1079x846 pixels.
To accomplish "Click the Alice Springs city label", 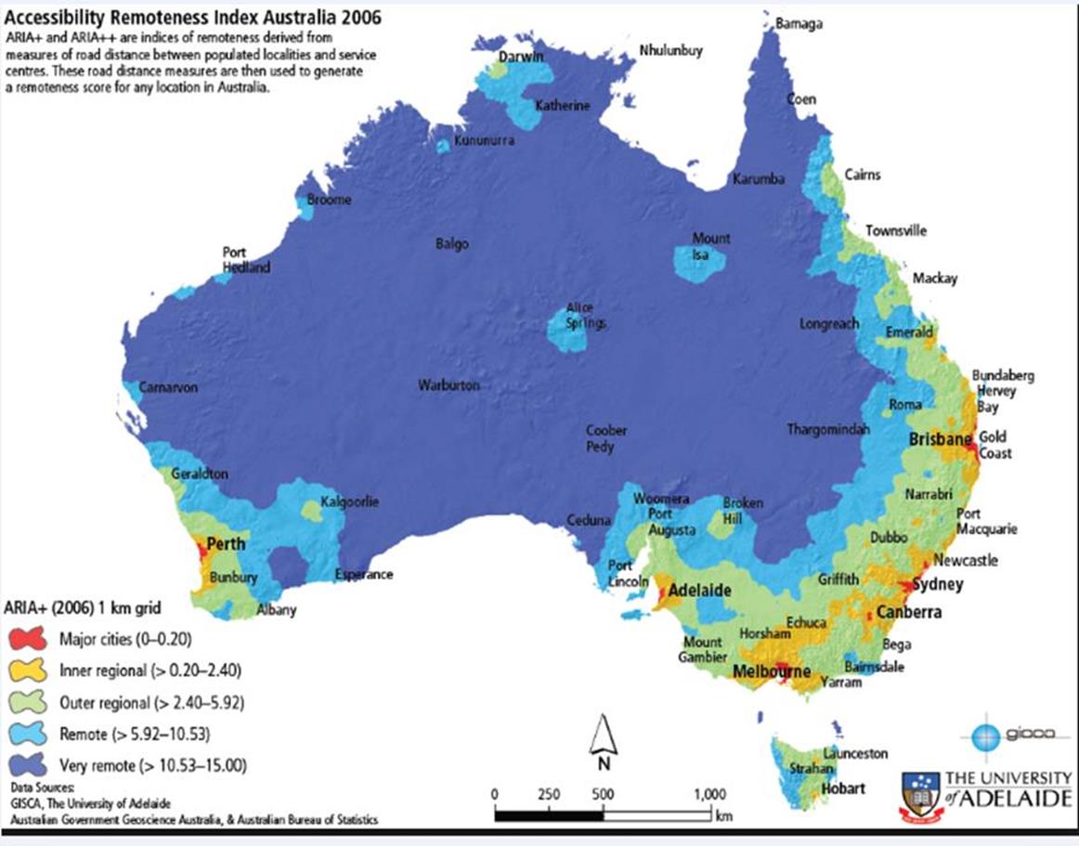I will [x=580, y=316].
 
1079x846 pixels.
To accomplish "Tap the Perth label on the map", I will [x=226, y=543].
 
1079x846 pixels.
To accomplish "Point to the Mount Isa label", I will [x=710, y=247].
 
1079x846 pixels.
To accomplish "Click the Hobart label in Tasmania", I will [x=843, y=788].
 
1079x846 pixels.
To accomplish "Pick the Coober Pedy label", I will [x=605, y=438].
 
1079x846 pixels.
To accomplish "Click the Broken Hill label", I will [x=743, y=510].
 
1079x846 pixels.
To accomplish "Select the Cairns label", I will [x=863, y=175].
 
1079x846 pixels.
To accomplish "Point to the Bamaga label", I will [x=798, y=23].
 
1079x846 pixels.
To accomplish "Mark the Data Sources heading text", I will [x=37, y=787].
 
